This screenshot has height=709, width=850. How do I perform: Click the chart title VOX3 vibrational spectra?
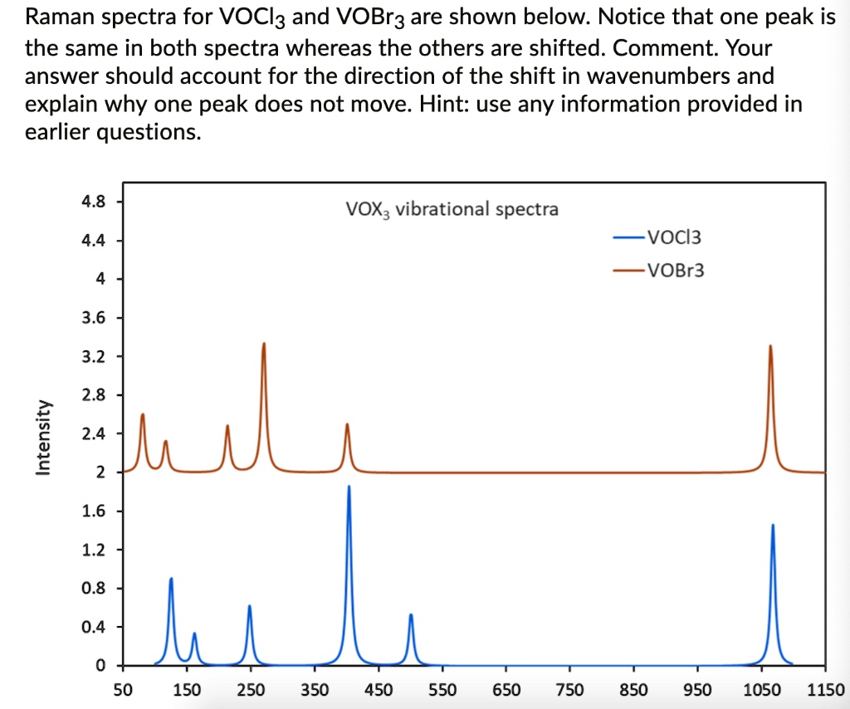coord(452,208)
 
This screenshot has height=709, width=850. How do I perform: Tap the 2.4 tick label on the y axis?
coord(94,433)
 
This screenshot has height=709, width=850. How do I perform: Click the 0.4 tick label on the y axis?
coord(94,627)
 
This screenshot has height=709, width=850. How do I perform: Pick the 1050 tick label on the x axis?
coord(761,690)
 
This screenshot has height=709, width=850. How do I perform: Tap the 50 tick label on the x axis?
coord(122,690)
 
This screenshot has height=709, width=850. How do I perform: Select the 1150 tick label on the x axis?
coord(825,690)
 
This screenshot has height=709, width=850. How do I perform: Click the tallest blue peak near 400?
coord(349,487)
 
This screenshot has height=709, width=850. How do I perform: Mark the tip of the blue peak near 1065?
coord(773,526)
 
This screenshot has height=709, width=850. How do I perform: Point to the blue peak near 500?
coord(411,615)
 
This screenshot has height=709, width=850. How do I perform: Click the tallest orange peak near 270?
coord(264,344)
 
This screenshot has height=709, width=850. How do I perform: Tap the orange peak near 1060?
coord(770,346)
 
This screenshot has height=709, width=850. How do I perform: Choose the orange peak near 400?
coord(347,425)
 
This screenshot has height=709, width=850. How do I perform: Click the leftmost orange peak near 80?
coord(143,414)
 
